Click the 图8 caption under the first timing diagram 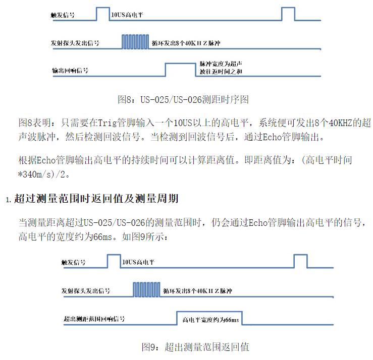[x=183, y=99]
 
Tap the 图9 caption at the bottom [x=195, y=347]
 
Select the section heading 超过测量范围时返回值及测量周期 [x=96, y=199]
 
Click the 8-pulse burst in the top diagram [x=135, y=42]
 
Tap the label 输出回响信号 [x=70, y=71]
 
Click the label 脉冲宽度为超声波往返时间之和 [x=221, y=68]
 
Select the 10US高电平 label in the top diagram [x=127, y=15]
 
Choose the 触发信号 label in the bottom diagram [x=73, y=262]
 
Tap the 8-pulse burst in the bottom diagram [x=146, y=289]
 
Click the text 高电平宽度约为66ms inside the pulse [x=210, y=320]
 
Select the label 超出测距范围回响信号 [x=94, y=319]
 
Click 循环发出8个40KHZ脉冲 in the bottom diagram [x=197, y=291]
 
